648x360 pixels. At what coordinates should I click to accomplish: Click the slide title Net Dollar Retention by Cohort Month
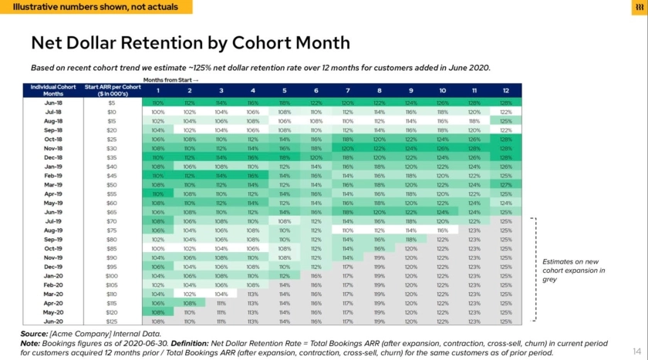pyautogui.click(x=190, y=43)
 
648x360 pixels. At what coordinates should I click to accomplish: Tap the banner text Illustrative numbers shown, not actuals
pyautogui.click(x=96, y=7)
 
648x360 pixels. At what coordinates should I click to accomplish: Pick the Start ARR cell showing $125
pyautogui.click(x=112, y=321)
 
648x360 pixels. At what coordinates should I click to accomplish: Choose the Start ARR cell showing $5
pyautogui.click(x=112, y=102)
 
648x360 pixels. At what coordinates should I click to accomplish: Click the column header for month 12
pyautogui.click(x=505, y=89)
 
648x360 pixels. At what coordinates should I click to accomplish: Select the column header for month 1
pyautogui.click(x=158, y=89)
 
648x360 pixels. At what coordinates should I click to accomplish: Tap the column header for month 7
pyautogui.click(x=347, y=89)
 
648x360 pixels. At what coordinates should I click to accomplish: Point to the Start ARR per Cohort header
pyautogui.click(x=112, y=89)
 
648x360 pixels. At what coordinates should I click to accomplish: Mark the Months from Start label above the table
pyautogui.click(x=170, y=79)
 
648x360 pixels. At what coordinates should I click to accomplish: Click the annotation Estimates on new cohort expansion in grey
pyautogui.click(x=574, y=271)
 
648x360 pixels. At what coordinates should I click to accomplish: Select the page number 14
pyautogui.click(x=636, y=349)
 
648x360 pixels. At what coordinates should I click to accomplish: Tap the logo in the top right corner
pyautogui.click(x=638, y=7)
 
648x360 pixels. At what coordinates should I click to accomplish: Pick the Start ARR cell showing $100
pyautogui.click(x=112, y=275)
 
